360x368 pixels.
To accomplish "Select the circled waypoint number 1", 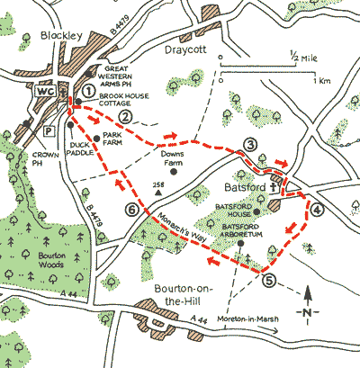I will pyautogui.click(x=87, y=89).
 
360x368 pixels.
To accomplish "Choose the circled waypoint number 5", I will pyautogui.click(x=269, y=280).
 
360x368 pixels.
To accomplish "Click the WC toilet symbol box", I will pyautogui.click(x=44, y=90).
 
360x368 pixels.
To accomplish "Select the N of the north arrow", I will pyautogui.click(x=308, y=311).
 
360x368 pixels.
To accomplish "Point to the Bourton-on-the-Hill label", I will pyautogui.click(x=184, y=296).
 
